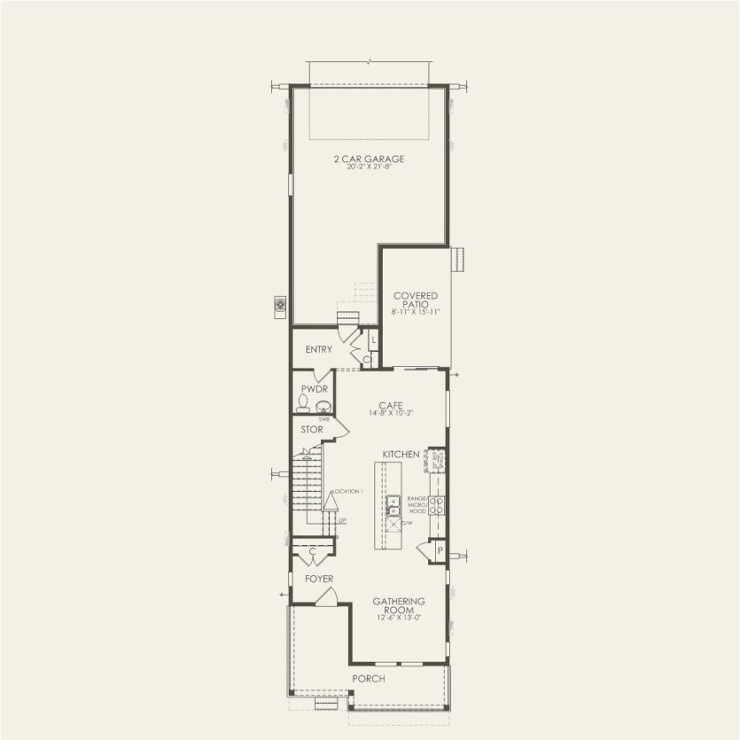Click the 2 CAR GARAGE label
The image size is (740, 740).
click(370, 159)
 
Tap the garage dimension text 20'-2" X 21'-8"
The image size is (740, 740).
click(370, 167)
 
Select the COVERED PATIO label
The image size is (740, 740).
click(416, 300)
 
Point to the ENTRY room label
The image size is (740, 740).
click(319, 350)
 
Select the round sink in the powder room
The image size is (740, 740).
click(323, 407)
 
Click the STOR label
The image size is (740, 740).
click(311, 430)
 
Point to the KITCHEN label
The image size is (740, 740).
click(401, 455)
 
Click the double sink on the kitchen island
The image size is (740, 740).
click(393, 505)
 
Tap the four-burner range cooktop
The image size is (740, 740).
click(437, 505)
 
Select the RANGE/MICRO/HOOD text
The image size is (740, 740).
click(417, 505)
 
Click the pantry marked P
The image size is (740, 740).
click(439, 552)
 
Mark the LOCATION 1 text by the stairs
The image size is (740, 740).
click(347, 491)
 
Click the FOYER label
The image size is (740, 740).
click(319, 580)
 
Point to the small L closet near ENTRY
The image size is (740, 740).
click(373, 340)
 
